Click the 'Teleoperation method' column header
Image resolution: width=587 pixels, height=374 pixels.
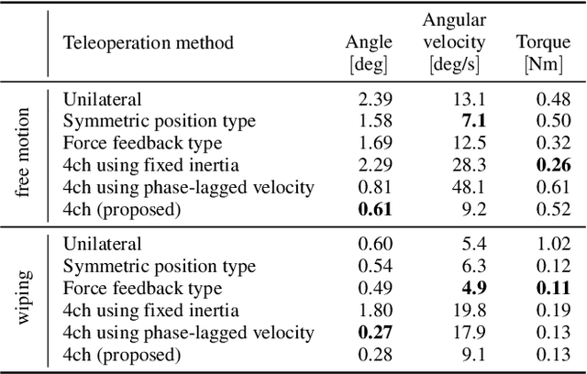148,42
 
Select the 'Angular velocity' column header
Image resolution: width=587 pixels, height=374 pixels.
456,41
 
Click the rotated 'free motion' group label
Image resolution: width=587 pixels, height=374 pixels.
23,154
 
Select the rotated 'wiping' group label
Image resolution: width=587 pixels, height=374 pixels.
23,299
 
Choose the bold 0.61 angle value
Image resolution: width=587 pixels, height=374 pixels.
374,209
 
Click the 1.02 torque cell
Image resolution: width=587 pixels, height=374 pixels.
549,245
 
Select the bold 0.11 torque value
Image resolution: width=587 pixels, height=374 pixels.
549,289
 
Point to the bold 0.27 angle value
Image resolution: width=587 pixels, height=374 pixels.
374,333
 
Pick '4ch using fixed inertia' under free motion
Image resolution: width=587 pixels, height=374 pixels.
151,165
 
